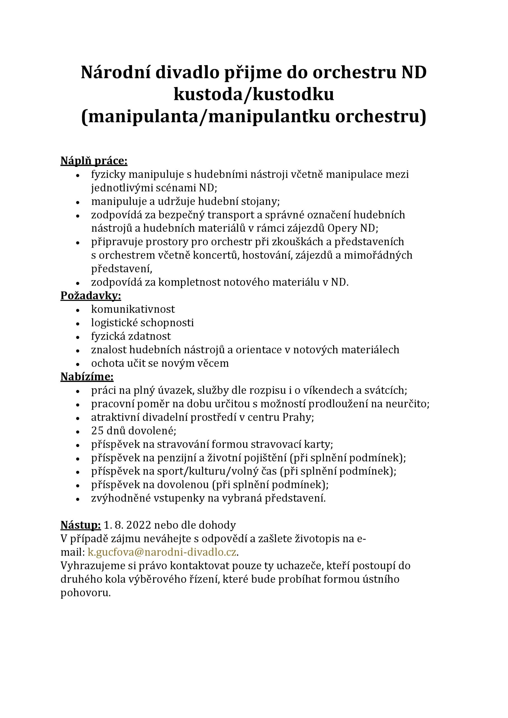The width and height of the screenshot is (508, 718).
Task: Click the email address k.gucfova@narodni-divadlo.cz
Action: pyautogui.click(x=162, y=552)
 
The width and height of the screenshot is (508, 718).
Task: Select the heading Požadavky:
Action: pyautogui.click(x=91, y=296)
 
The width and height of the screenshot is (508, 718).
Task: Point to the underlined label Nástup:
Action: pyautogui.click(x=81, y=525)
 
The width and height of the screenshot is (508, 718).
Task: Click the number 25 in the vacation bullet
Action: pyautogui.click(x=97, y=431)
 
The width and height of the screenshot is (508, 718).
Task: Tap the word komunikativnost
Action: pyautogui.click(x=133, y=309)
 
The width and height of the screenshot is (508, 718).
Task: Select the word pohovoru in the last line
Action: pyautogui.click(x=85, y=593)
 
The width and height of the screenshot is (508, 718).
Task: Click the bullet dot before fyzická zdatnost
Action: pyautogui.click(x=78, y=337)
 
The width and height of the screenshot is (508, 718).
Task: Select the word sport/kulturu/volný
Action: pyautogui.click(x=203, y=471)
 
